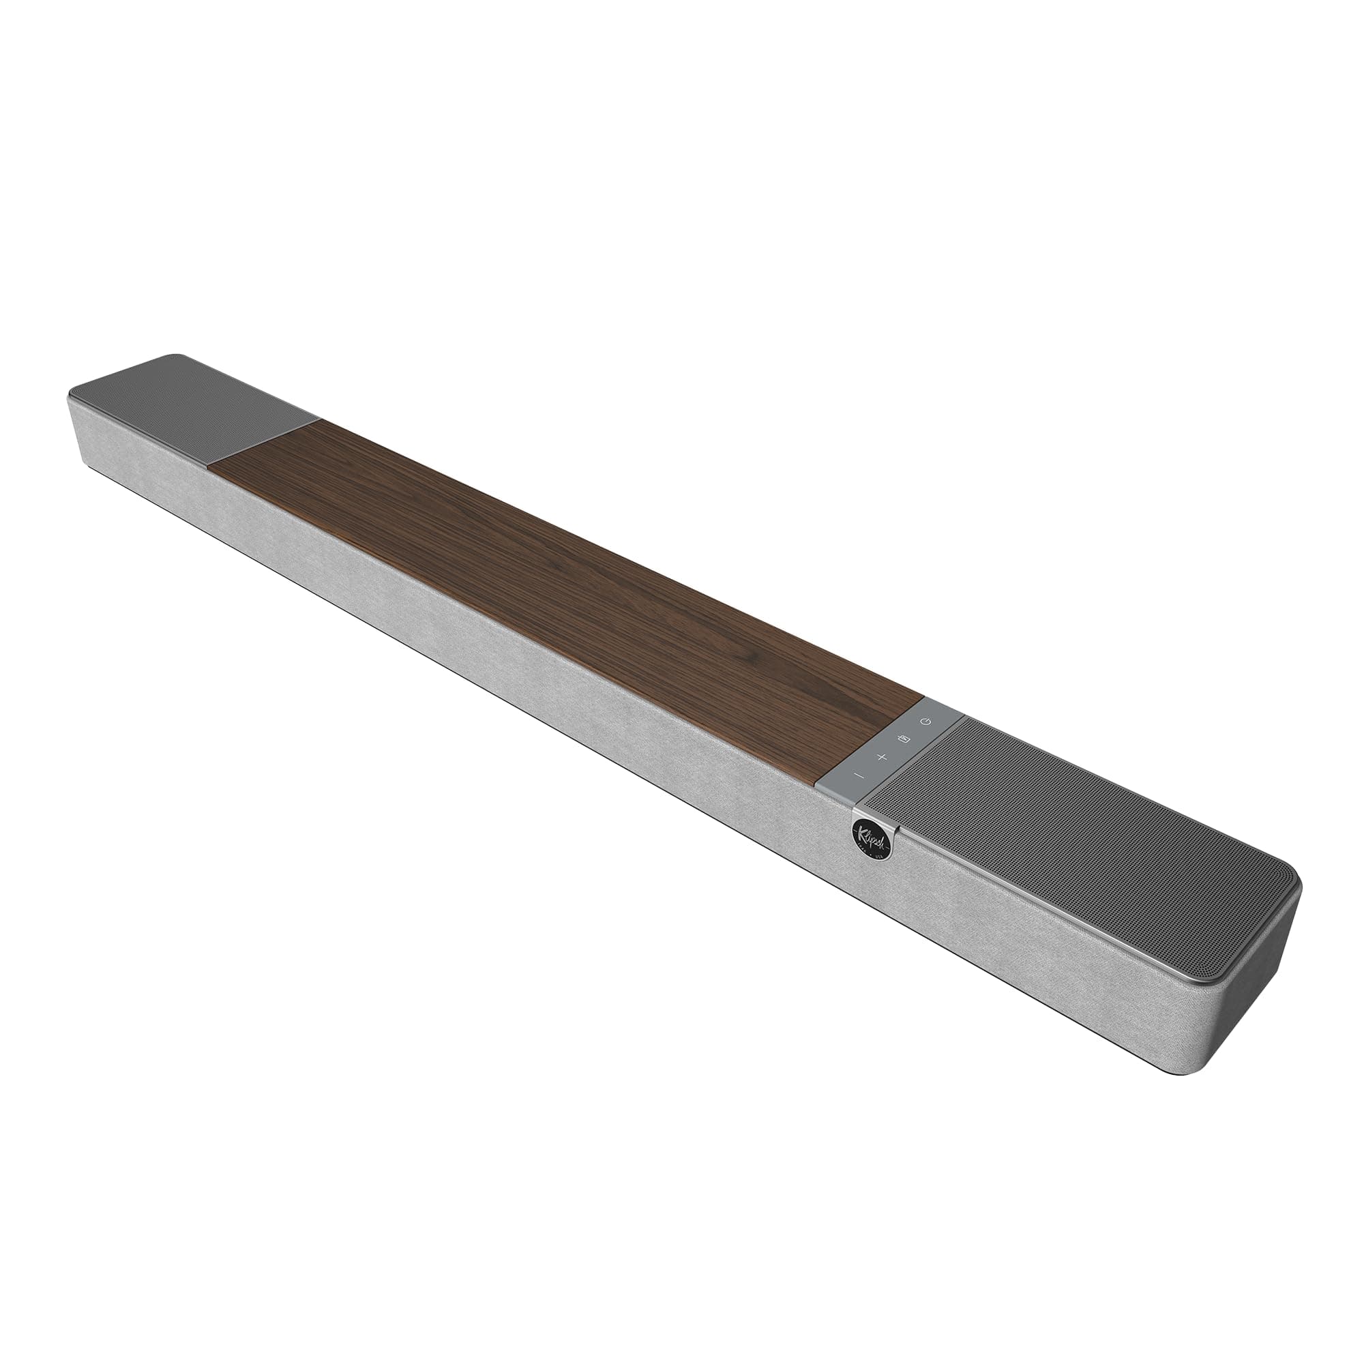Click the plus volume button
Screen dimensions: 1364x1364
click(881, 758)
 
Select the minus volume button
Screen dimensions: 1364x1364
click(859, 776)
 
